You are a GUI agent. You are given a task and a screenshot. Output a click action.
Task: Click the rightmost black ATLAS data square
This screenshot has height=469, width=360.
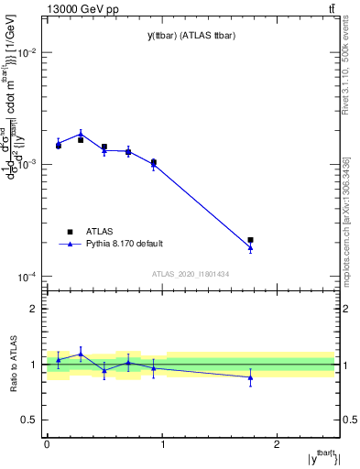click(x=250, y=240)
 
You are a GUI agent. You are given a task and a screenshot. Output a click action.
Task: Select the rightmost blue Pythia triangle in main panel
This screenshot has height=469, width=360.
click(x=250, y=247)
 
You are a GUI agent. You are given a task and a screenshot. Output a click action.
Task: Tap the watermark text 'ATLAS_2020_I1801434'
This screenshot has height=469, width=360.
click(x=190, y=275)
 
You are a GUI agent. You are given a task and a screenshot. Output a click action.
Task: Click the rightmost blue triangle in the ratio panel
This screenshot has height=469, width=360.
click(x=250, y=376)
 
